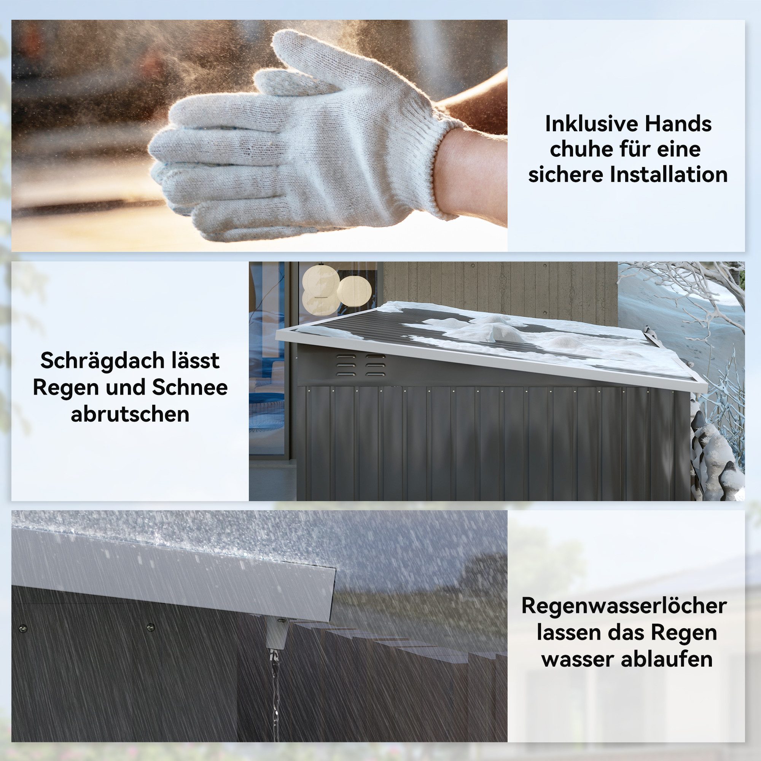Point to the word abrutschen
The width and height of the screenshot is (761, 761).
pos(130,414)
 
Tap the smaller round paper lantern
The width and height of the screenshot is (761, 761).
pos(354,291)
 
